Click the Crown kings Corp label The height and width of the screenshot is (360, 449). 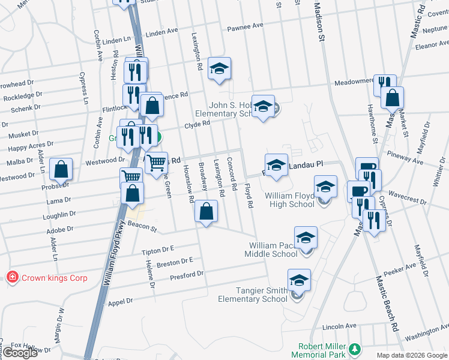(x=55, y=278)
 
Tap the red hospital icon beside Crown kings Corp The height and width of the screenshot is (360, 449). (x=11, y=277)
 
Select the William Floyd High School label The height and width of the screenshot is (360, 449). (x=289, y=200)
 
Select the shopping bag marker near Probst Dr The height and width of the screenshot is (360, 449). (x=61, y=169)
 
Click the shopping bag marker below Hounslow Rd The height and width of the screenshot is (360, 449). (x=206, y=211)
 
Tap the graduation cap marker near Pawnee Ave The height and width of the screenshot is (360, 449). (x=220, y=68)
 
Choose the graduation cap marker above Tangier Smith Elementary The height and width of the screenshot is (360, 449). (x=299, y=280)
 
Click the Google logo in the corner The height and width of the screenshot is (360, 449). (x=20, y=353)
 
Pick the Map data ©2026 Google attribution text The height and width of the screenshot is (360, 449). (x=412, y=355)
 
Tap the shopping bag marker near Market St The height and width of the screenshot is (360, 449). (x=392, y=97)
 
